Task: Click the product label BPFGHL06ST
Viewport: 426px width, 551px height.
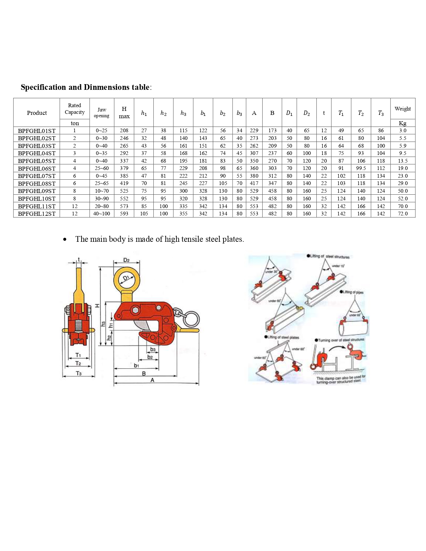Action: (36, 168)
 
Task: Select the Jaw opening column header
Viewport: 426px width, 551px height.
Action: (102, 113)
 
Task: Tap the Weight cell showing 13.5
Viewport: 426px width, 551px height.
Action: (402, 161)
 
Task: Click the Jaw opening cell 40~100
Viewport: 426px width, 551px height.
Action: (102, 213)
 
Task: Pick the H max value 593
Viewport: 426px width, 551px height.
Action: (124, 213)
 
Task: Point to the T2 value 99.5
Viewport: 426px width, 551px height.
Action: (361, 168)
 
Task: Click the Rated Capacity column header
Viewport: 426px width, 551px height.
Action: (75, 109)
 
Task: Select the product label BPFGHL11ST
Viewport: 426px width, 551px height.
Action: (36, 206)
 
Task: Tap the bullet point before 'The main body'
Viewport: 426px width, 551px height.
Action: (64, 239)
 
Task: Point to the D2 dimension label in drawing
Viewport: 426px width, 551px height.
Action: (126, 260)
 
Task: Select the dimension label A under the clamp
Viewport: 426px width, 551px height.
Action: (152, 380)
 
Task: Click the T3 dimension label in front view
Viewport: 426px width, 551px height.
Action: (79, 373)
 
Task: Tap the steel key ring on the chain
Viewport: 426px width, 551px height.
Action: (191, 319)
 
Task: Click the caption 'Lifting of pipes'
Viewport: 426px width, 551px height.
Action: (352, 292)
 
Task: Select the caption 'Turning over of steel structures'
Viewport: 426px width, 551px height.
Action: (340, 340)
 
